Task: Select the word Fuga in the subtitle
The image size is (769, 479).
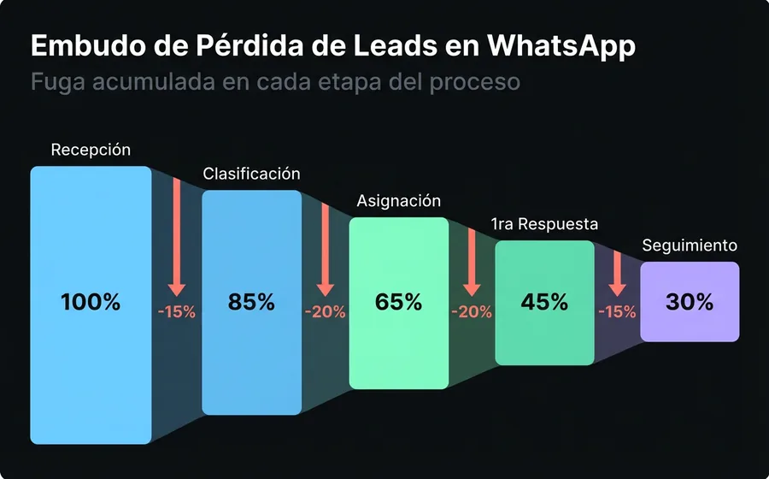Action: (x=55, y=83)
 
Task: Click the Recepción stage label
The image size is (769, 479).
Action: (x=91, y=150)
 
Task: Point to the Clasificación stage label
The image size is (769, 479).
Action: (x=251, y=174)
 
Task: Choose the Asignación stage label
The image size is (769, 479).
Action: (x=398, y=201)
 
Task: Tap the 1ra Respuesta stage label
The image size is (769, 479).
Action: (x=544, y=224)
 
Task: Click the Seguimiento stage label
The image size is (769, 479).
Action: (x=690, y=245)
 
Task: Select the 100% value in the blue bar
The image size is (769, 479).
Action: (x=91, y=302)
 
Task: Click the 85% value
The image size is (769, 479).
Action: (x=251, y=302)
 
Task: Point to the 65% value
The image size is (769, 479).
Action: (x=398, y=302)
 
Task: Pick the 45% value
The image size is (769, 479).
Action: (x=544, y=302)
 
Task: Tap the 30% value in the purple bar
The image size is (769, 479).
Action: (x=690, y=302)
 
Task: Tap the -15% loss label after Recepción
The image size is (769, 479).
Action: (x=177, y=312)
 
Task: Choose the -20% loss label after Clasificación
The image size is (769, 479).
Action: (x=324, y=312)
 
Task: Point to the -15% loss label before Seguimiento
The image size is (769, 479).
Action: (x=617, y=312)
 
